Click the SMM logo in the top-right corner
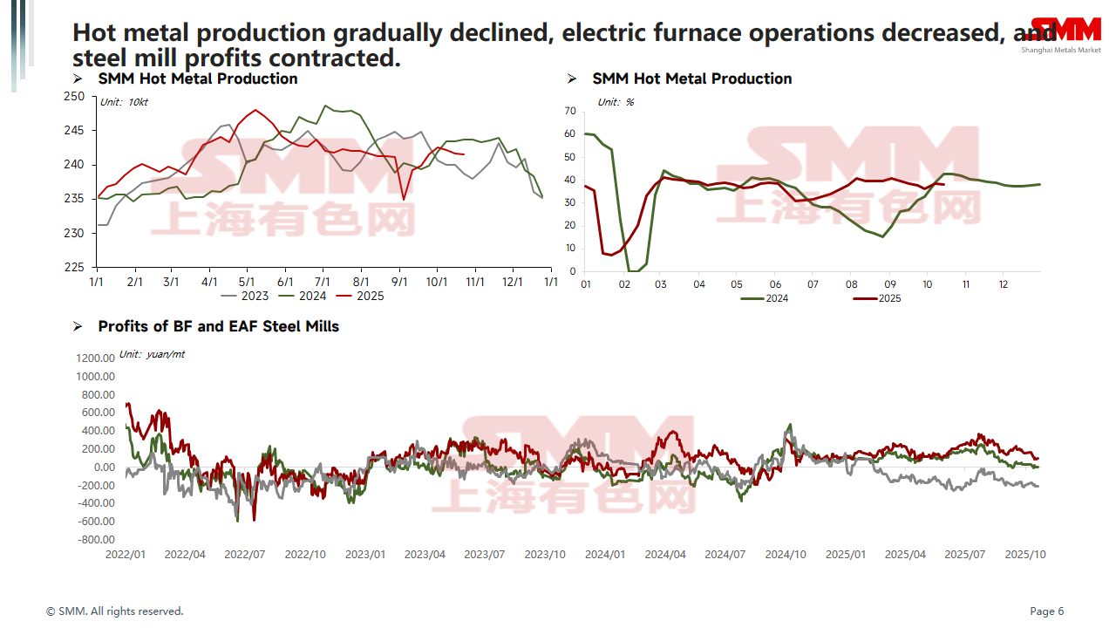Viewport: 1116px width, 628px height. tap(1065, 31)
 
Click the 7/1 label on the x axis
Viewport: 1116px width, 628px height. tap(323, 283)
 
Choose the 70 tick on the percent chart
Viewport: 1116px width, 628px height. tap(570, 112)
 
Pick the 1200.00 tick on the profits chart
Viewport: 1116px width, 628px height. tap(96, 358)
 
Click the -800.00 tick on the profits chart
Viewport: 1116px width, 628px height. tap(96, 540)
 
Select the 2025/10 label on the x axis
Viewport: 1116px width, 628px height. tap(1025, 555)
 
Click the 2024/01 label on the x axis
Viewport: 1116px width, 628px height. tap(605, 555)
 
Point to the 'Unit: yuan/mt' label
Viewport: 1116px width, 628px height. tap(152, 354)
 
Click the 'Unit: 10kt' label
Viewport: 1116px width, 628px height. tap(124, 102)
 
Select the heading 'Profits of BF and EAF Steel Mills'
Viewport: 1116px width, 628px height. tap(218, 326)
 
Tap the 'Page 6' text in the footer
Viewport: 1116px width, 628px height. tap(1047, 611)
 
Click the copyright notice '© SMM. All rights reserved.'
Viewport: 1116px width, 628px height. tap(115, 611)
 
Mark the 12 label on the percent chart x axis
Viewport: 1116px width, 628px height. tap(1004, 285)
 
